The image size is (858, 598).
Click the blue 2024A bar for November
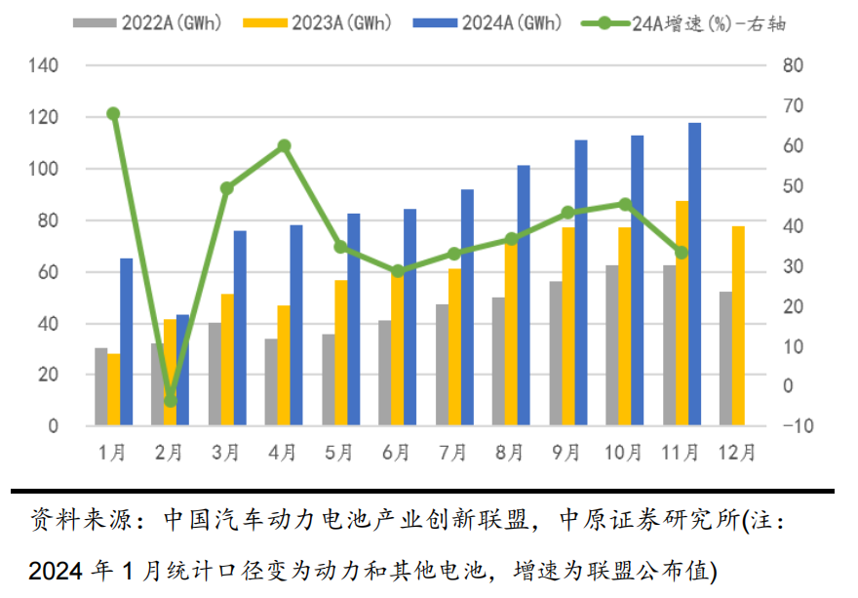click(695, 274)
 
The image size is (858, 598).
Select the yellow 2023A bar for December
click(738, 326)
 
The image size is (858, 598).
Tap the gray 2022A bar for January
click(100, 386)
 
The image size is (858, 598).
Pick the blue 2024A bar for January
click(126, 341)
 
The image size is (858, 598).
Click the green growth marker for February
click(171, 400)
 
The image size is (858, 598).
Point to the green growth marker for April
click(284, 146)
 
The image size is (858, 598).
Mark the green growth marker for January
click(113, 114)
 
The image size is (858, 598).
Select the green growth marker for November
click(682, 253)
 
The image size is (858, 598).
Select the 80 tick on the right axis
click(791, 66)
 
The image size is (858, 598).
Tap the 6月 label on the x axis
click(397, 453)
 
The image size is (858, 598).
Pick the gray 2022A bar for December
click(724, 359)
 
